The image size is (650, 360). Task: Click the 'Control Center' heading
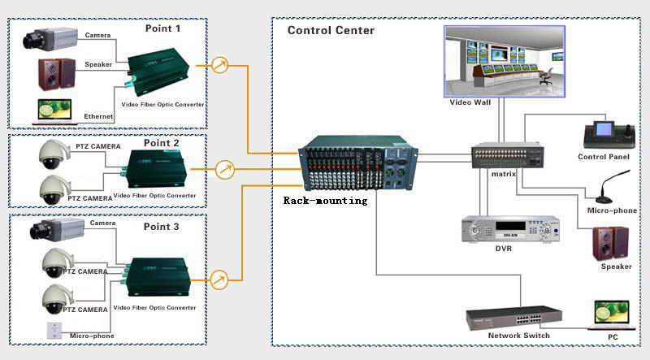click(331, 30)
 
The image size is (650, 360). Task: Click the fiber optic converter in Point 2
click(155, 171)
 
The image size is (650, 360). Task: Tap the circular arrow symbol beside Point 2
click(225, 170)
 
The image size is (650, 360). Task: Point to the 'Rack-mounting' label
click(325, 200)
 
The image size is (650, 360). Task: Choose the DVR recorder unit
click(509, 229)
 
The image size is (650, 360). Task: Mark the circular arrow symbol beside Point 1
click(220, 65)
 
